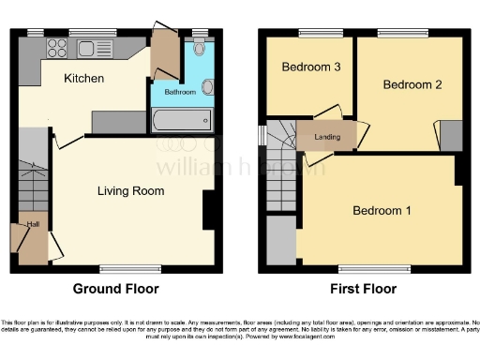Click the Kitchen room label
[x=83, y=78]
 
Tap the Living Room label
[x=131, y=191]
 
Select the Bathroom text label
[x=181, y=92]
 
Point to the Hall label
[x=33, y=224]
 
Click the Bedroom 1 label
[x=382, y=210]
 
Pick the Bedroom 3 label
[x=309, y=67]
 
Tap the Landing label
[x=327, y=138]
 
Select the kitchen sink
[x=96, y=48]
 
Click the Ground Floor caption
[x=116, y=289]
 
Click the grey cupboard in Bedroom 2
[x=451, y=135]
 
